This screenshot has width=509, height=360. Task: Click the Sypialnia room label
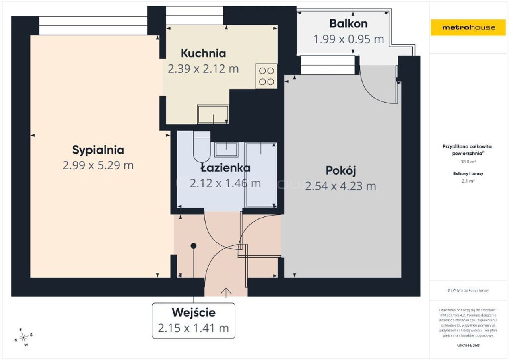(98, 150)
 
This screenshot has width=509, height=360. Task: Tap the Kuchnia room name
(203, 53)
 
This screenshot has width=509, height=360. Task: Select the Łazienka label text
(225, 168)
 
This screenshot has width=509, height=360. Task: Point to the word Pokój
(341, 171)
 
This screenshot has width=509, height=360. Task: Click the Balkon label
(349, 23)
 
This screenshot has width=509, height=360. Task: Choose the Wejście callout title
(194, 313)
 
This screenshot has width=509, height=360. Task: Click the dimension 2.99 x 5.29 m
(98, 165)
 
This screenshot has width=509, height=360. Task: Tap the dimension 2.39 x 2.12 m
(203, 69)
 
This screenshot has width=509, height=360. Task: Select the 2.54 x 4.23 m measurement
(341, 186)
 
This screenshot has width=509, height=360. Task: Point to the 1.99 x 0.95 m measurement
(349, 39)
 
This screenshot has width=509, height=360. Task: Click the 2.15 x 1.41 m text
(193, 328)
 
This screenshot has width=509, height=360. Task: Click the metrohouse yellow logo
(468, 27)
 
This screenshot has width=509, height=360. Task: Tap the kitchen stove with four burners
(266, 76)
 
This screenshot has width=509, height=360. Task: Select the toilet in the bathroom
(202, 147)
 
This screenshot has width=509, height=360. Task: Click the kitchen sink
(213, 114)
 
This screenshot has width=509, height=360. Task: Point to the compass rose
(23, 337)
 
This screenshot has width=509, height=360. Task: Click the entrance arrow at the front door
(226, 293)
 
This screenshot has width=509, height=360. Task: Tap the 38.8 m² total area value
(468, 162)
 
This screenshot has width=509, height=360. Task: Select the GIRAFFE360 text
(468, 345)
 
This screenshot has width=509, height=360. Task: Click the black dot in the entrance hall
(194, 246)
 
